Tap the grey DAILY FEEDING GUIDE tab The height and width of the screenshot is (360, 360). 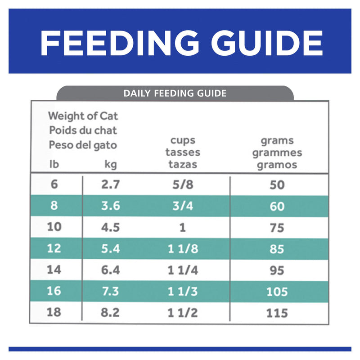(175, 94)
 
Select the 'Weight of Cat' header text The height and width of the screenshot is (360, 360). (83, 116)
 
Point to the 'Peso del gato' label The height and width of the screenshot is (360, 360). (82, 145)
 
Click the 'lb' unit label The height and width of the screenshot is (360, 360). (54, 164)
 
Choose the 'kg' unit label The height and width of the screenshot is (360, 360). (110, 164)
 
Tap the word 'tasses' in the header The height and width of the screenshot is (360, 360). (183, 153)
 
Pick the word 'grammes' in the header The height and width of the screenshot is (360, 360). (277, 153)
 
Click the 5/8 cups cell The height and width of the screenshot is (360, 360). (182, 184)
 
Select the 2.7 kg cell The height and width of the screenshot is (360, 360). (110, 184)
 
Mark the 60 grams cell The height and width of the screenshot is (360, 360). (277, 206)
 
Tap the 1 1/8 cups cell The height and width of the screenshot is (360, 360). (182, 248)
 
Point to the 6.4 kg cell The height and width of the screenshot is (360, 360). (110, 270)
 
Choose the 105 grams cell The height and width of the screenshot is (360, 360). (277, 291)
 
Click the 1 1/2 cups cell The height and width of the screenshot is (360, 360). (182, 312)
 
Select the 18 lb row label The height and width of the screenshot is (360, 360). (54, 312)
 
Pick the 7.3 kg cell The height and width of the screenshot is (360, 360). (110, 291)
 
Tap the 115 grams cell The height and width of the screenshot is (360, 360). (277, 312)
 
